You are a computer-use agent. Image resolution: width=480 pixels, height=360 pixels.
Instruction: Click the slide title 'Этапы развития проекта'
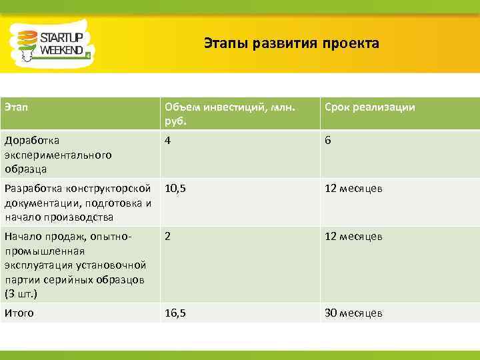(x=291, y=44)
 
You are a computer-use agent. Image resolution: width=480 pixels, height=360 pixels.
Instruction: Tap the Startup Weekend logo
(x=51, y=44)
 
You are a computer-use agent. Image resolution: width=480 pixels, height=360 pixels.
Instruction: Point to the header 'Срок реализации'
(x=370, y=107)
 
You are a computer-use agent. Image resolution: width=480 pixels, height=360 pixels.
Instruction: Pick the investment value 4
(x=169, y=141)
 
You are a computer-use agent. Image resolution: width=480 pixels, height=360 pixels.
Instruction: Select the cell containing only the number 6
(x=328, y=141)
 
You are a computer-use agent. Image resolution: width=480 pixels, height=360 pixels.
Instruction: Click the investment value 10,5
(x=175, y=189)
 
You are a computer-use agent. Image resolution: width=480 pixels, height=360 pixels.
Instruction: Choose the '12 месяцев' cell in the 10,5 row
(x=353, y=189)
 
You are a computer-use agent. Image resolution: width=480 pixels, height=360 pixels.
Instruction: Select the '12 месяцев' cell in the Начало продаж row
(x=353, y=236)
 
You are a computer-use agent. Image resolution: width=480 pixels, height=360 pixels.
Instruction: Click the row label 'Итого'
(x=19, y=313)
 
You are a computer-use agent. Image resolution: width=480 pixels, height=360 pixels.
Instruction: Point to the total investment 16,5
(x=175, y=313)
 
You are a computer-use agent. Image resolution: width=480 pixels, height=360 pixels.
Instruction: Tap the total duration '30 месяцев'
(x=353, y=313)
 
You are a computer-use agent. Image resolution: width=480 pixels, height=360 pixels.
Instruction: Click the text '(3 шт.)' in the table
(x=21, y=293)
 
